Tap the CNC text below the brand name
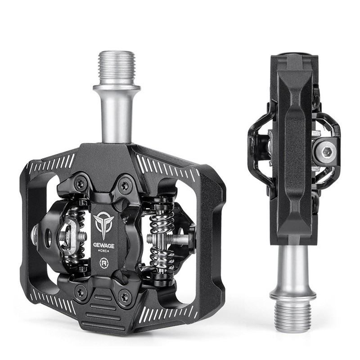(104, 253)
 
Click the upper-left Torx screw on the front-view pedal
(81, 183)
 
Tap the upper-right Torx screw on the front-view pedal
(125, 184)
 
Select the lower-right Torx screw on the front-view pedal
(125, 297)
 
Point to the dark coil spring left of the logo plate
(77, 234)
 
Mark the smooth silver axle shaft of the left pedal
(116, 112)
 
